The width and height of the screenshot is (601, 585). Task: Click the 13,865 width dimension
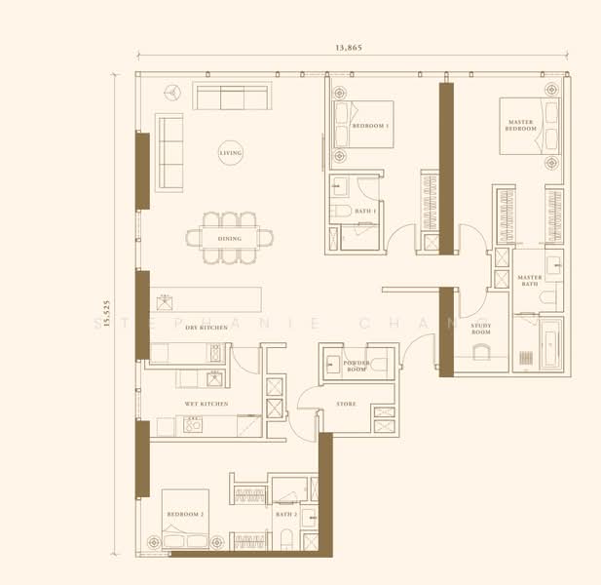tap(348, 47)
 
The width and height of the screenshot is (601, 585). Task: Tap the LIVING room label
tap(230, 153)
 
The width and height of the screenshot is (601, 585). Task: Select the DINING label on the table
tap(230, 238)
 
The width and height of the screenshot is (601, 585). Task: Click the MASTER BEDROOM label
tap(521, 126)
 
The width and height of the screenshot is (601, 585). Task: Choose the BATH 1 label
tap(365, 211)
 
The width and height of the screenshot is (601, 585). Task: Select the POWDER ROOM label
tap(356, 367)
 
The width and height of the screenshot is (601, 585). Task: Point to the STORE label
tap(346, 403)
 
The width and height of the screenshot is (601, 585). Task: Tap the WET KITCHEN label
tap(207, 403)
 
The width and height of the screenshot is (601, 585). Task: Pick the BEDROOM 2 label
tap(185, 514)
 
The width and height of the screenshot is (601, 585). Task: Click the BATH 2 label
tap(285, 514)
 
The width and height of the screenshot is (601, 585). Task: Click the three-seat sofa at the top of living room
tap(232, 97)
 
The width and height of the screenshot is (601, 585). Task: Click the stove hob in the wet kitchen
tap(192, 424)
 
